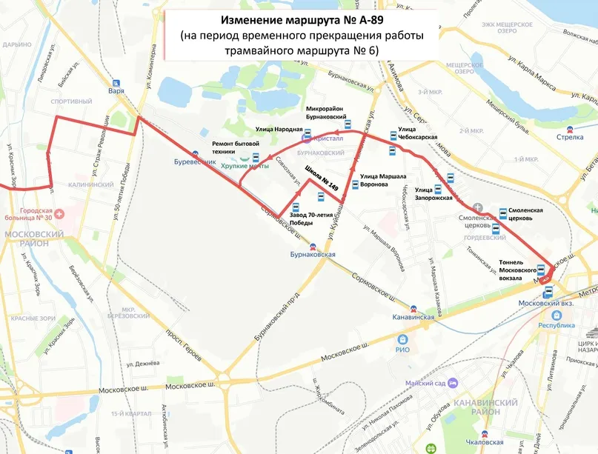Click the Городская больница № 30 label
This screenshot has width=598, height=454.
pos(44,215)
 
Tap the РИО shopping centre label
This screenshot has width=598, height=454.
pos(402,349)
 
